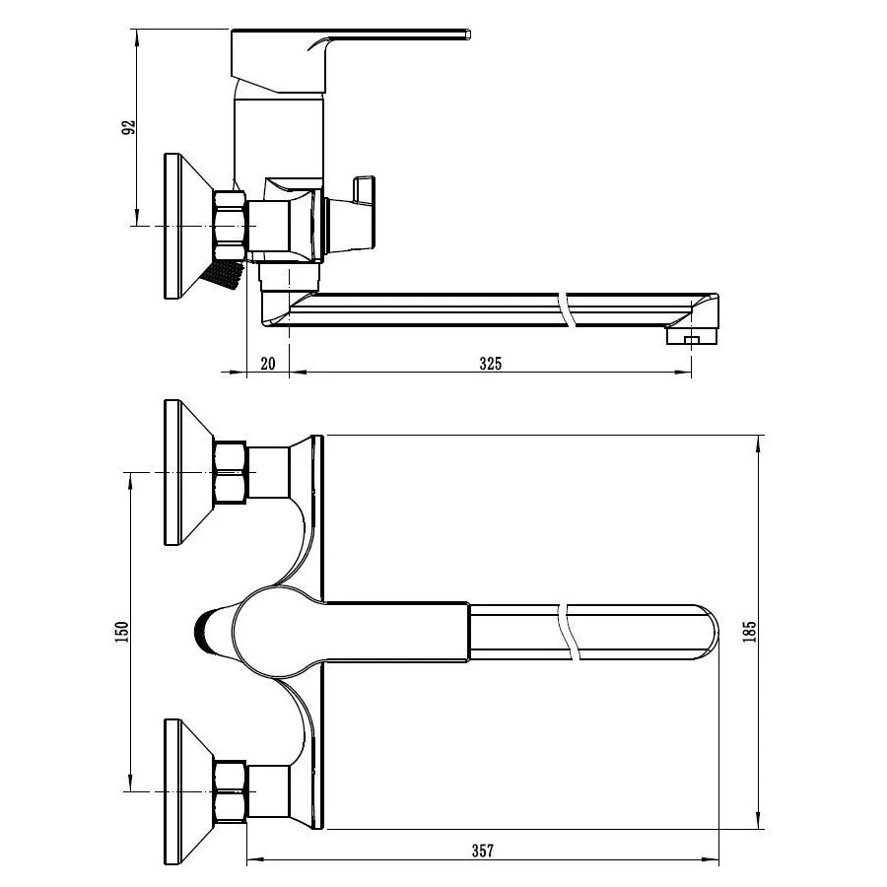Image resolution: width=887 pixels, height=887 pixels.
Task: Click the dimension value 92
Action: (x=129, y=127)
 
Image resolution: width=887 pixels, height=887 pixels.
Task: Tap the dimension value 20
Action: (x=267, y=363)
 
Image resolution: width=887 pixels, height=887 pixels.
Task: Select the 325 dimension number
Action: (x=491, y=363)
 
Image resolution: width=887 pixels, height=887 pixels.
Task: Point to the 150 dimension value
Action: (x=122, y=632)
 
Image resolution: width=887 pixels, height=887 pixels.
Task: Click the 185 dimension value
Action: (x=750, y=632)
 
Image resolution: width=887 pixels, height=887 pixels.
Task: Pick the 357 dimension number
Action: (x=483, y=851)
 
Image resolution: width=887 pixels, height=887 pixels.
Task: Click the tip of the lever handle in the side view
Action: (x=468, y=34)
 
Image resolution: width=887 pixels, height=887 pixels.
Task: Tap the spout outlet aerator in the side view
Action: (x=691, y=337)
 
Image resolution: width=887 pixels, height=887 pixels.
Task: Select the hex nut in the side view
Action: (x=231, y=227)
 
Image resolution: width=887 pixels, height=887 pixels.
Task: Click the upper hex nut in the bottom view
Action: (x=231, y=472)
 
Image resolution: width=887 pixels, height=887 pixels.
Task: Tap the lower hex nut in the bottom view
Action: (x=231, y=791)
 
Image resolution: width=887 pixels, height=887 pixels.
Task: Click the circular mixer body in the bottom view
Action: (x=278, y=632)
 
